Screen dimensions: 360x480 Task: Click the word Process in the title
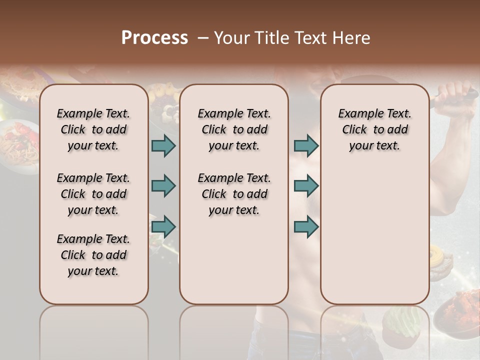(x=154, y=38)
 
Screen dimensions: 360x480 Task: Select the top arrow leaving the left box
(x=163, y=145)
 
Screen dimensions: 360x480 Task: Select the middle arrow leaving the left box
(x=163, y=186)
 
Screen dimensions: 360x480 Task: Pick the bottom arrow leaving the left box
(x=163, y=226)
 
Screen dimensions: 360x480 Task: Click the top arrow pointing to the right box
(x=306, y=145)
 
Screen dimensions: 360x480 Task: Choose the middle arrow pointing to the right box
(x=306, y=186)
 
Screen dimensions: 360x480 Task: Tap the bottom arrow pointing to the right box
(x=306, y=226)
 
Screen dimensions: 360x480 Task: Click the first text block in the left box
(x=93, y=129)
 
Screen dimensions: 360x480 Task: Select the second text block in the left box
(x=93, y=194)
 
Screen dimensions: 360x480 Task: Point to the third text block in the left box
(x=93, y=255)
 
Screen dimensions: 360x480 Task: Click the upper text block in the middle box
(x=234, y=129)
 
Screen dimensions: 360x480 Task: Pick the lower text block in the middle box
(x=234, y=194)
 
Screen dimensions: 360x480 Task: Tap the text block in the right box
(x=374, y=129)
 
